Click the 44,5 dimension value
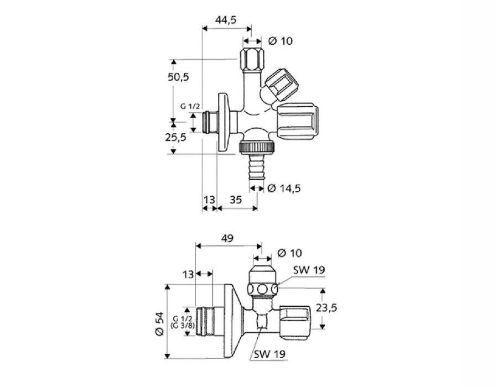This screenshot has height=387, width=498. tap(226, 20)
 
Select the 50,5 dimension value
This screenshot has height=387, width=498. tap(178, 76)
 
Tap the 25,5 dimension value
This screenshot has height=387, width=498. tap(175, 137)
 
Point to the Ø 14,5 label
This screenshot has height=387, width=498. tap(284, 189)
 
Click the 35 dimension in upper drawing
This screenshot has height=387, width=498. tap(236, 200)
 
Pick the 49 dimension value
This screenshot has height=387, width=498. tap(227, 238)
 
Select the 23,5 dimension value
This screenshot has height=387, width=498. tap(326, 307)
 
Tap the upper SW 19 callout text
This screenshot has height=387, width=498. tap(309, 270)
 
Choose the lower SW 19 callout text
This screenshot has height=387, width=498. tap(269, 354)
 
